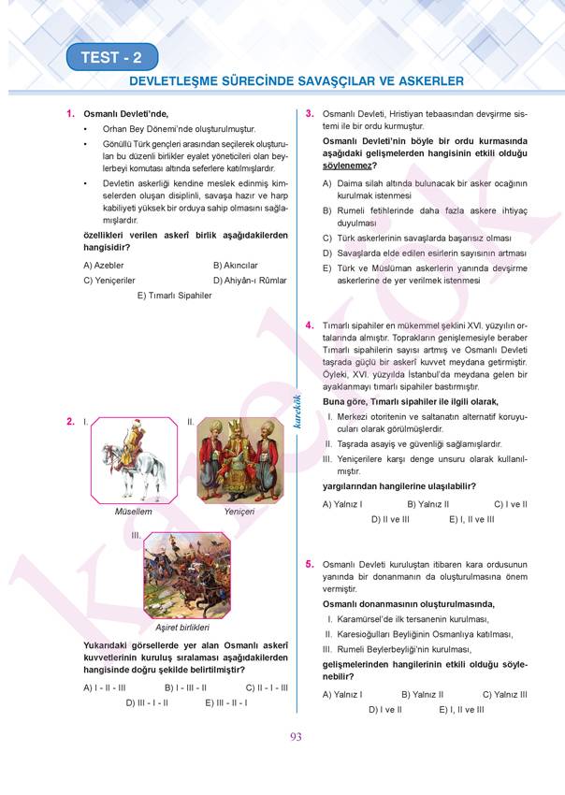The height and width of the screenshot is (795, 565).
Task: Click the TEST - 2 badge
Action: coord(111,58)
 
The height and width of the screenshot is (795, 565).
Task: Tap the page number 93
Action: coord(296,737)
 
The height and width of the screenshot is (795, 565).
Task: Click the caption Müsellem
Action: coord(133,513)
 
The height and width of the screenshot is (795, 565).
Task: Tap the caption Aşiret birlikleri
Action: coord(181,627)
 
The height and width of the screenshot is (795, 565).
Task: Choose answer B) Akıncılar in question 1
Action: coord(235,265)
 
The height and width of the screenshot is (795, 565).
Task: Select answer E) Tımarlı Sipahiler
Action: coord(174,295)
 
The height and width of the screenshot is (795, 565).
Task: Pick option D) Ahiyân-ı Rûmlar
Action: coord(249,280)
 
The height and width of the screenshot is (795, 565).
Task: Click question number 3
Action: coord(309,113)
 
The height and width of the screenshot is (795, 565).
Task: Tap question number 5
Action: coord(309,565)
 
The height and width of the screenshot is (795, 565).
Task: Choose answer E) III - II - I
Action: coord(226,701)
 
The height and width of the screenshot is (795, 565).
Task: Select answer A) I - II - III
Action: coord(105,687)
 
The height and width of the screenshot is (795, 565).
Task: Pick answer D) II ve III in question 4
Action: coord(390,518)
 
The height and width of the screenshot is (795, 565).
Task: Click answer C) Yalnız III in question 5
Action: coord(505,694)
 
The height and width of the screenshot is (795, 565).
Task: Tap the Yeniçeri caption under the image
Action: coord(239,513)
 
